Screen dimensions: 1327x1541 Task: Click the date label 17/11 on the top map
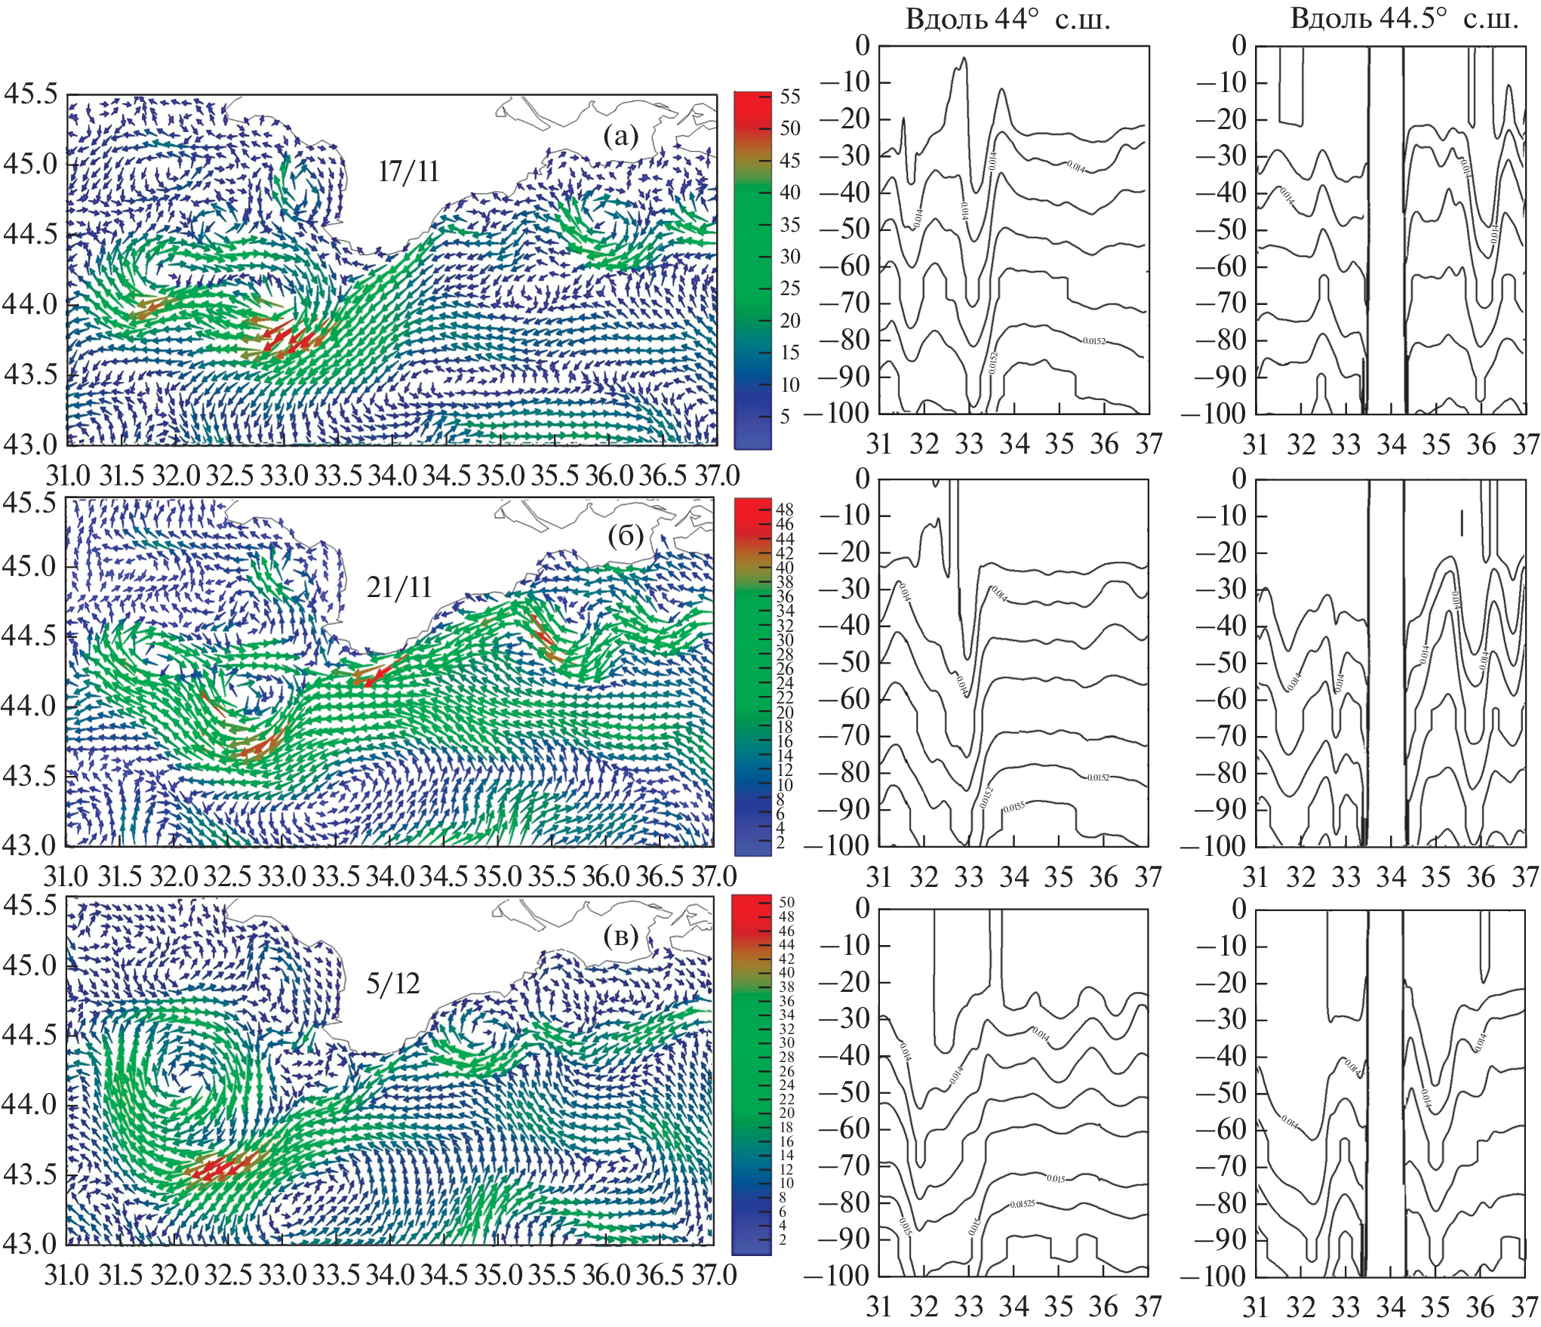pos(408,172)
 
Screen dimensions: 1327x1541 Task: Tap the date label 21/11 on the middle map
pos(399,587)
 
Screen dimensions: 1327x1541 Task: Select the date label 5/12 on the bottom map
pos(392,984)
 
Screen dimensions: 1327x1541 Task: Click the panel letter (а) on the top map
pos(621,137)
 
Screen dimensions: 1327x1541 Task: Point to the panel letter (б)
pos(625,536)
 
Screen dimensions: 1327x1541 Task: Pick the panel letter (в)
pos(621,937)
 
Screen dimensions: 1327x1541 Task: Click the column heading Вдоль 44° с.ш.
pos(1007,19)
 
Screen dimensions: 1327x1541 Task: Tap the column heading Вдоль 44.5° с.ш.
pos(1404,19)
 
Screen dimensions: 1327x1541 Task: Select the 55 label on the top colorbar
pos(790,97)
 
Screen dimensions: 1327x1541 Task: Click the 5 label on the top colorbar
pos(785,417)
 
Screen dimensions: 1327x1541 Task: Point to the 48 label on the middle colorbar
pos(785,510)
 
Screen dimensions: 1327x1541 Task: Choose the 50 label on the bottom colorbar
pos(786,902)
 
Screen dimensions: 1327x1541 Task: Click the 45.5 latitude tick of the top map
pos(30,94)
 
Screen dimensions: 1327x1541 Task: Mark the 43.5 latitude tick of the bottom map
pos(30,1175)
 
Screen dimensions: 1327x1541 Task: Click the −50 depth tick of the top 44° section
pos(845,229)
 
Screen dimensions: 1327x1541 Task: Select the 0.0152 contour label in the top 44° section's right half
pos(1093,341)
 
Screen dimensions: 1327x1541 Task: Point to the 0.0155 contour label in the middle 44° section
pos(1013,808)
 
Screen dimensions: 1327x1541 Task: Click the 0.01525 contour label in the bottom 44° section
pos(1023,1204)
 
